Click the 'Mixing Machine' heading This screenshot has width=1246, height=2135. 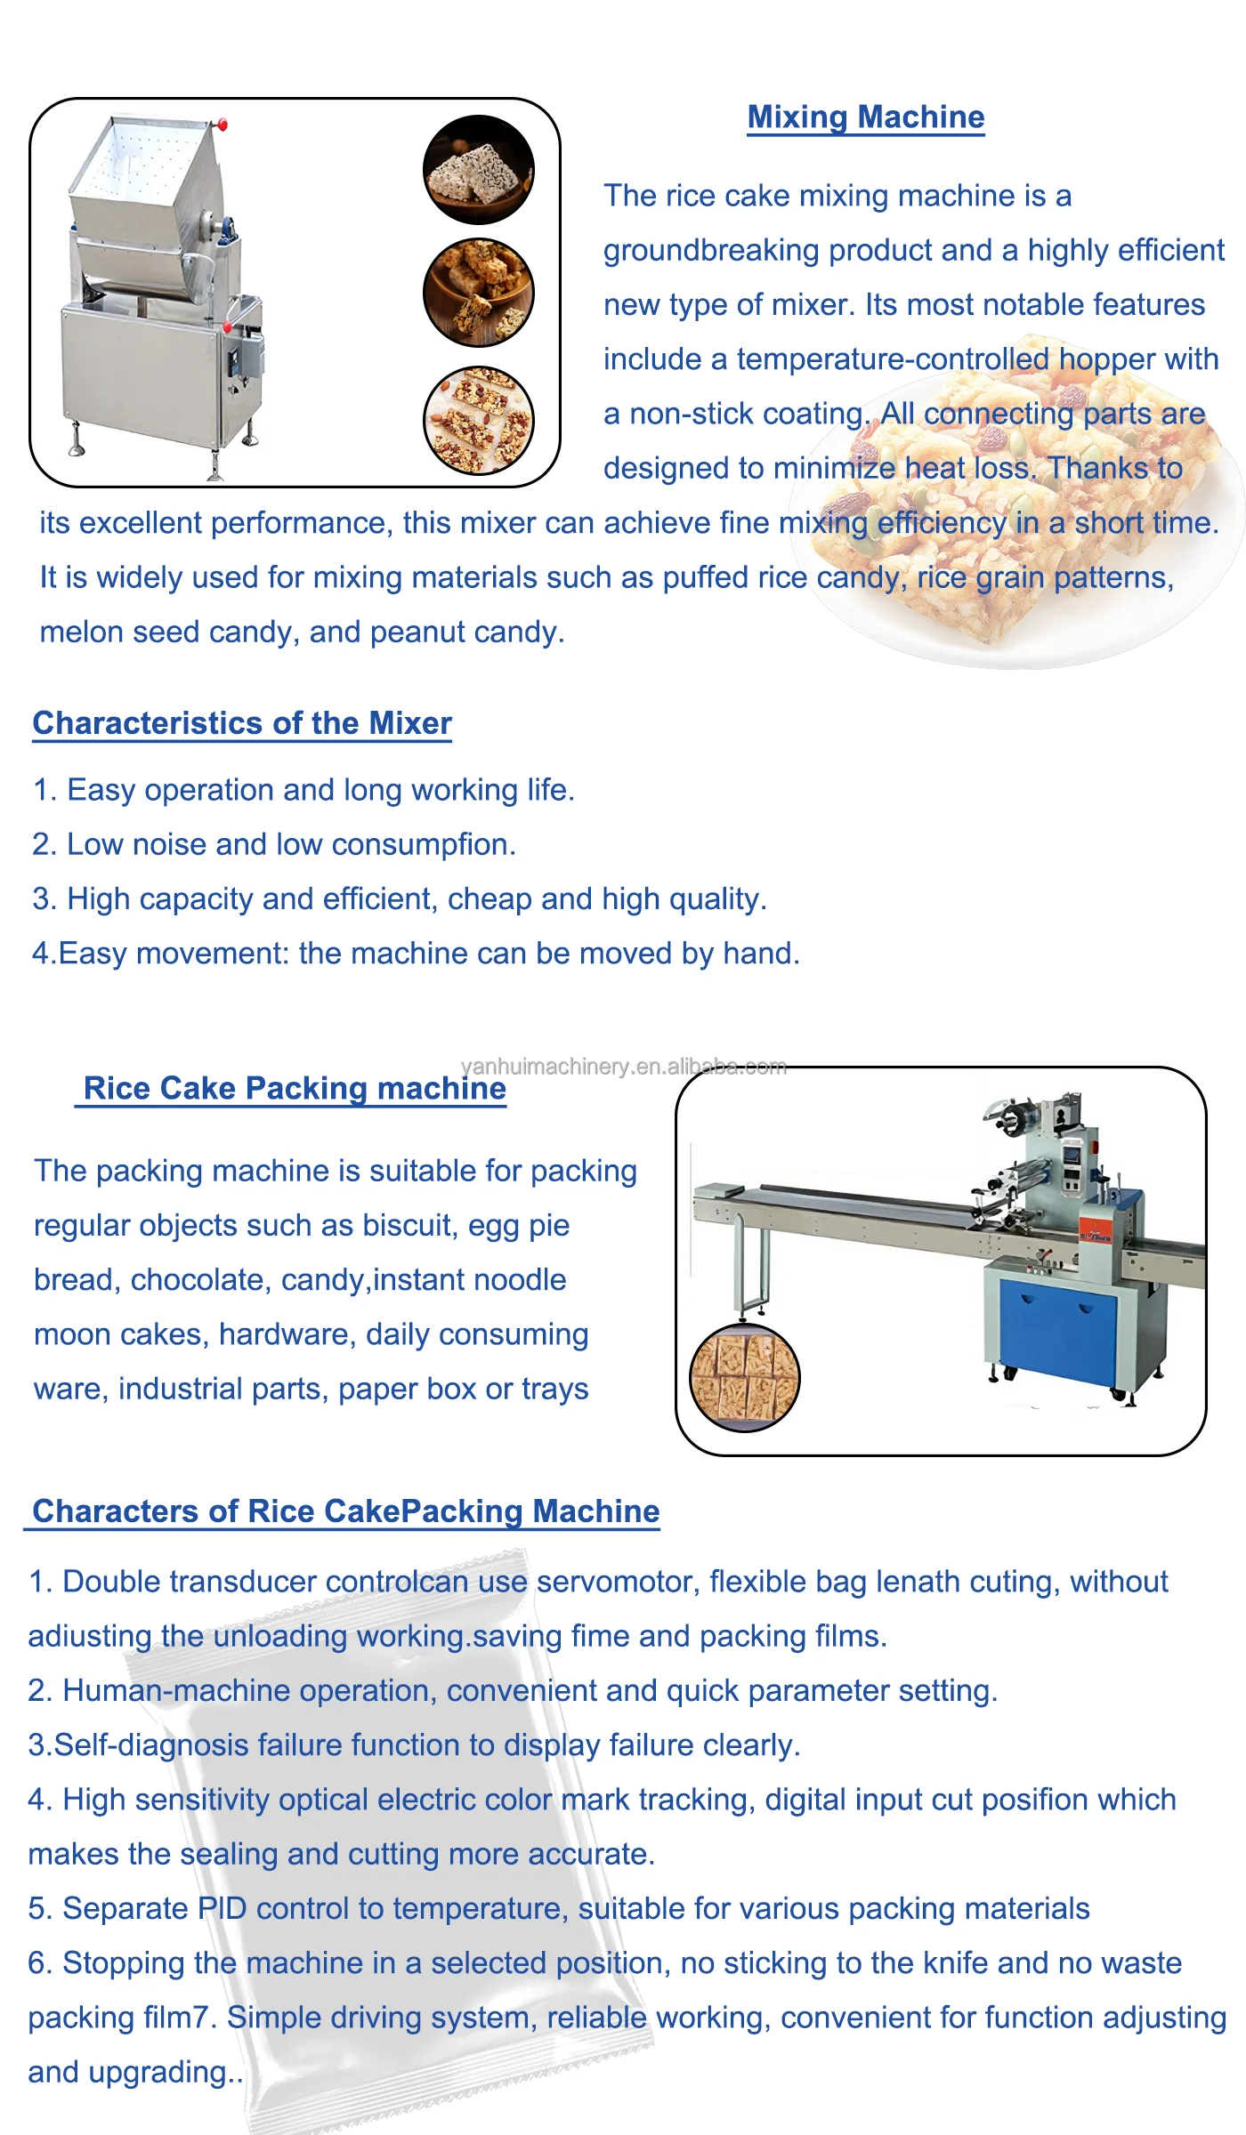point(866,117)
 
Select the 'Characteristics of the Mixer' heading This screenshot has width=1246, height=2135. point(242,723)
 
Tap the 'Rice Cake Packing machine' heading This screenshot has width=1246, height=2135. point(294,1089)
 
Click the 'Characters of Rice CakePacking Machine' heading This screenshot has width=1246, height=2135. point(345,1511)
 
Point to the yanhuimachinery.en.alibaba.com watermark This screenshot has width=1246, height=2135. point(623,1067)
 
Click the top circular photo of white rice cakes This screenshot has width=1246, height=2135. point(479,169)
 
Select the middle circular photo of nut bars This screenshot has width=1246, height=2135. point(479,293)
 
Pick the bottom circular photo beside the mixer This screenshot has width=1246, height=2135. point(479,420)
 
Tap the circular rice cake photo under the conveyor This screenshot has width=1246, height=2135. point(745,1378)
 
